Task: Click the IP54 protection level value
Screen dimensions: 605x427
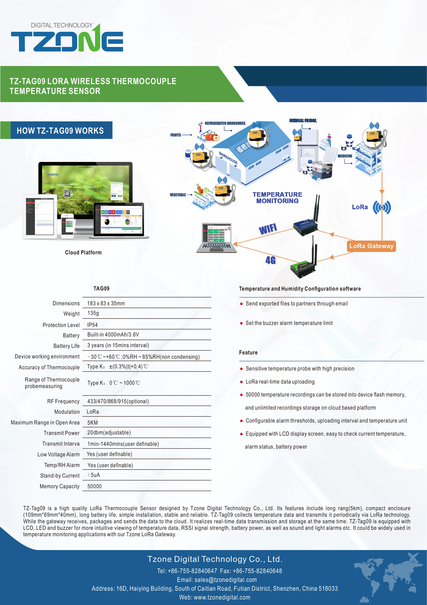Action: coord(92,325)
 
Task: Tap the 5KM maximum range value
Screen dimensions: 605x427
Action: coord(92,423)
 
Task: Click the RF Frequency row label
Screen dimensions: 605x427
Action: coord(63,401)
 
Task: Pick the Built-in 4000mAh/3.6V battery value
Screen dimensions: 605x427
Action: coord(113,335)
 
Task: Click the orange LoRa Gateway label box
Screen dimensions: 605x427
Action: coord(371,246)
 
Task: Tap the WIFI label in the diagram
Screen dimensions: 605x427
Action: coord(268,229)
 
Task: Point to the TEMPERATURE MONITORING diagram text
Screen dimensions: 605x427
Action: coord(277,198)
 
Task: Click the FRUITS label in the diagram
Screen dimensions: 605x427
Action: coord(175,135)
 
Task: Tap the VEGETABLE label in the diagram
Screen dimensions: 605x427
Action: coord(178,195)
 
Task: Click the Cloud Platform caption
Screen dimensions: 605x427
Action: coord(83,252)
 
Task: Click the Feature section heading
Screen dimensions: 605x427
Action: coord(248,353)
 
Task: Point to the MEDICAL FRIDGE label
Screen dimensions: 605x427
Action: coord(303,121)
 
